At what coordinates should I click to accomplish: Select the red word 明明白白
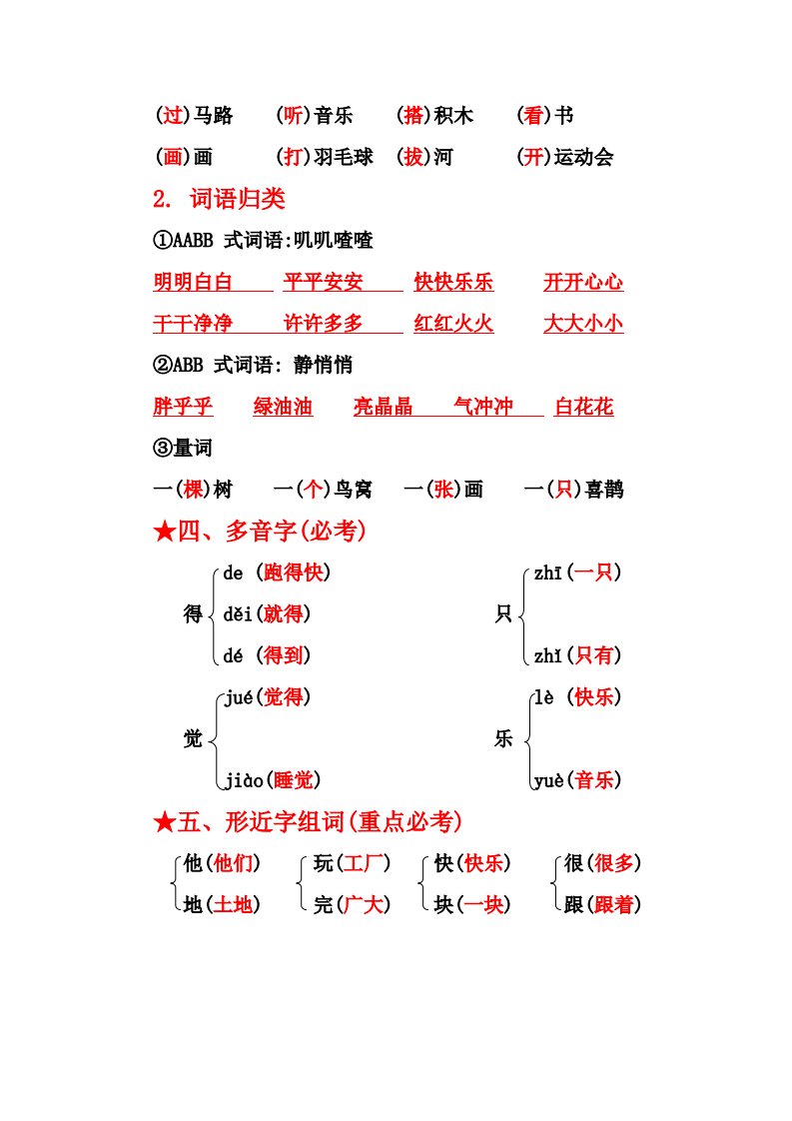click(x=193, y=283)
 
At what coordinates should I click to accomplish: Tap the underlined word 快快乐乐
click(x=453, y=283)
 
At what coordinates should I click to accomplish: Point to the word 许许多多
click(x=324, y=324)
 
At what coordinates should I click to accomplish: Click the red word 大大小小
click(x=583, y=324)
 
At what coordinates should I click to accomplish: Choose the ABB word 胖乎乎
click(x=183, y=407)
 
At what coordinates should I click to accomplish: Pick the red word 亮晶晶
click(x=384, y=407)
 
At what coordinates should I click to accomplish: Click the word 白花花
click(x=584, y=407)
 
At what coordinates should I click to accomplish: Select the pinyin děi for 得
click(x=235, y=614)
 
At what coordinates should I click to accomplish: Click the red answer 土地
click(x=234, y=905)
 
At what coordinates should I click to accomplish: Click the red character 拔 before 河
click(x=412, y=158)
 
